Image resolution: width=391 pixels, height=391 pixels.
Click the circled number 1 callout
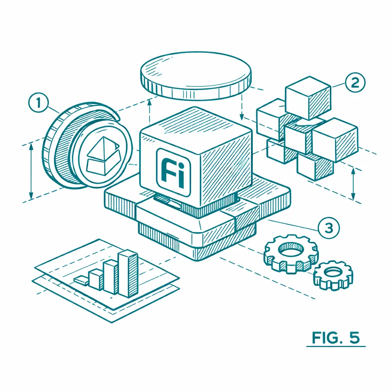39,102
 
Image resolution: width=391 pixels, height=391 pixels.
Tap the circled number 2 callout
355,82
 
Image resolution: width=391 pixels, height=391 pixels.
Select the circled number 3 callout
329,228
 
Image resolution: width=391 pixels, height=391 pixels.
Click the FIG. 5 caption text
336,338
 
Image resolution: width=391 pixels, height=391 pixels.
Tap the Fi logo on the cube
173,172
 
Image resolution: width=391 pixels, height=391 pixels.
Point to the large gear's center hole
291,249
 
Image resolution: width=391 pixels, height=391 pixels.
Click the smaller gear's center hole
333,272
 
